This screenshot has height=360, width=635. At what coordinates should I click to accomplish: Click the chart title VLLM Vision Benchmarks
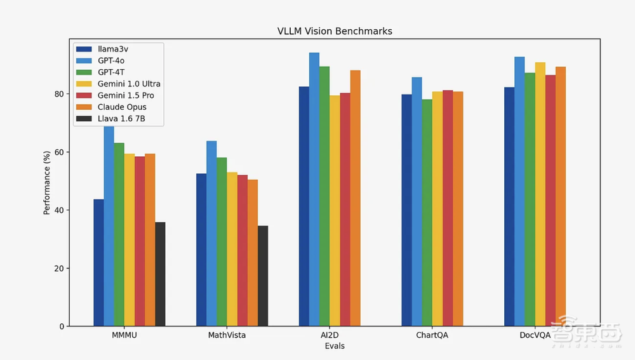click(x=334, y=31)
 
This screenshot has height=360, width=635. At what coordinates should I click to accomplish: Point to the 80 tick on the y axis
click(x=58, y=94)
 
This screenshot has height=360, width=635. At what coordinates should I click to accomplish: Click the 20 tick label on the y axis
click(x=58, y=269)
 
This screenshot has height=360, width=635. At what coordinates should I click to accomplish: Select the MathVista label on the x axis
click(x=227, y=335)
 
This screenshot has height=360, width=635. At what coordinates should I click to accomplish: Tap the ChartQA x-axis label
click(x=432, y=335)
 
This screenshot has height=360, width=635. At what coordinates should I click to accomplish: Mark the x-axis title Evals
click(x=335, y=346)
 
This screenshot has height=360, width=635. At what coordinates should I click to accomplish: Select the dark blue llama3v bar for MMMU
click(x=98, y=263)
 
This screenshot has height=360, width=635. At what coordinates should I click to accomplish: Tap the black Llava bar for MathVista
click(x=263, y=276)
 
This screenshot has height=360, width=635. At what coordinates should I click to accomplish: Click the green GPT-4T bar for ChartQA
click(x=427, y=213)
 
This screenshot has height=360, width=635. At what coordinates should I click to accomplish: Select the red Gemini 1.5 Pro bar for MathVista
click(x=243, y=251)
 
